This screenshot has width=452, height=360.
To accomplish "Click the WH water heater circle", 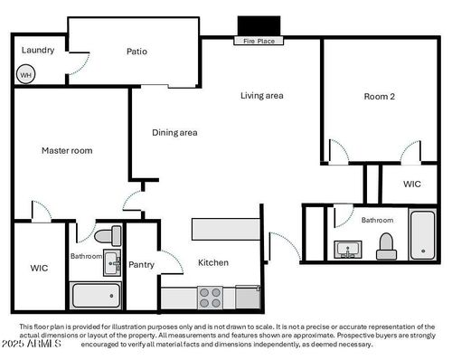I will (x=26, y=74).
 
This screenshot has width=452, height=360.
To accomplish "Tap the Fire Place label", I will (x=259, y=41).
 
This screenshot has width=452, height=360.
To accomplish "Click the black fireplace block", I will (x=259, y=25).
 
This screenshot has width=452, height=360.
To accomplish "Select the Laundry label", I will (x=38, y=50).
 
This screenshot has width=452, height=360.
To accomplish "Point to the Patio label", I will (x=137, y=52).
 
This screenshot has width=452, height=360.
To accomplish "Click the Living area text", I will (x=262, y=95).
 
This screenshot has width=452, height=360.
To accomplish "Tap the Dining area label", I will (x=174, y=133).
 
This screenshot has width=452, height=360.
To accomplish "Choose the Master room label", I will (x=67, y=150).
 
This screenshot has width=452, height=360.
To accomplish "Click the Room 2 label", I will (x=380, y=97).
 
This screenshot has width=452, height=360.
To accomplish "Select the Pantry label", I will (x=141, y=265).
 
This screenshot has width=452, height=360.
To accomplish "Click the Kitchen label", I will (x=213, y=262).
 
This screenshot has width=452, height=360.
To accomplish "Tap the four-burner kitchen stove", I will (x=211, y=297).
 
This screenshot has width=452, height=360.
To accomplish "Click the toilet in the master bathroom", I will (x=107, y=236).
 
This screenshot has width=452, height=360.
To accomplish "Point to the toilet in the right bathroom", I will (x=386, y=245).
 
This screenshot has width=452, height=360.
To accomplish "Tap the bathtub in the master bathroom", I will (x=96, y=295).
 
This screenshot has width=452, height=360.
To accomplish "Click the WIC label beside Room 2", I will (x=412, y=184).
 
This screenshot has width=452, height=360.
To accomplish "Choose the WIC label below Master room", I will (x=39, y=268).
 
